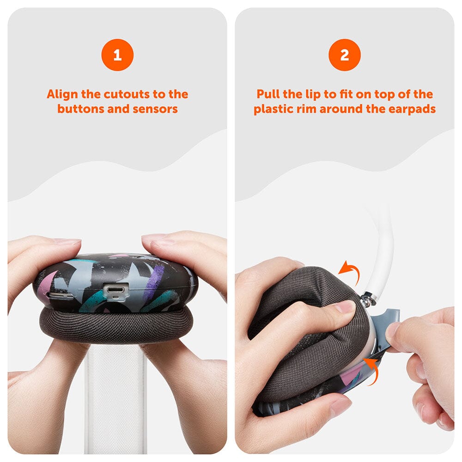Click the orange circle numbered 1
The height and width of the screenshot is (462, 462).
[117, 55]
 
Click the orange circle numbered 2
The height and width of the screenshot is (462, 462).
[345, 55]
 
